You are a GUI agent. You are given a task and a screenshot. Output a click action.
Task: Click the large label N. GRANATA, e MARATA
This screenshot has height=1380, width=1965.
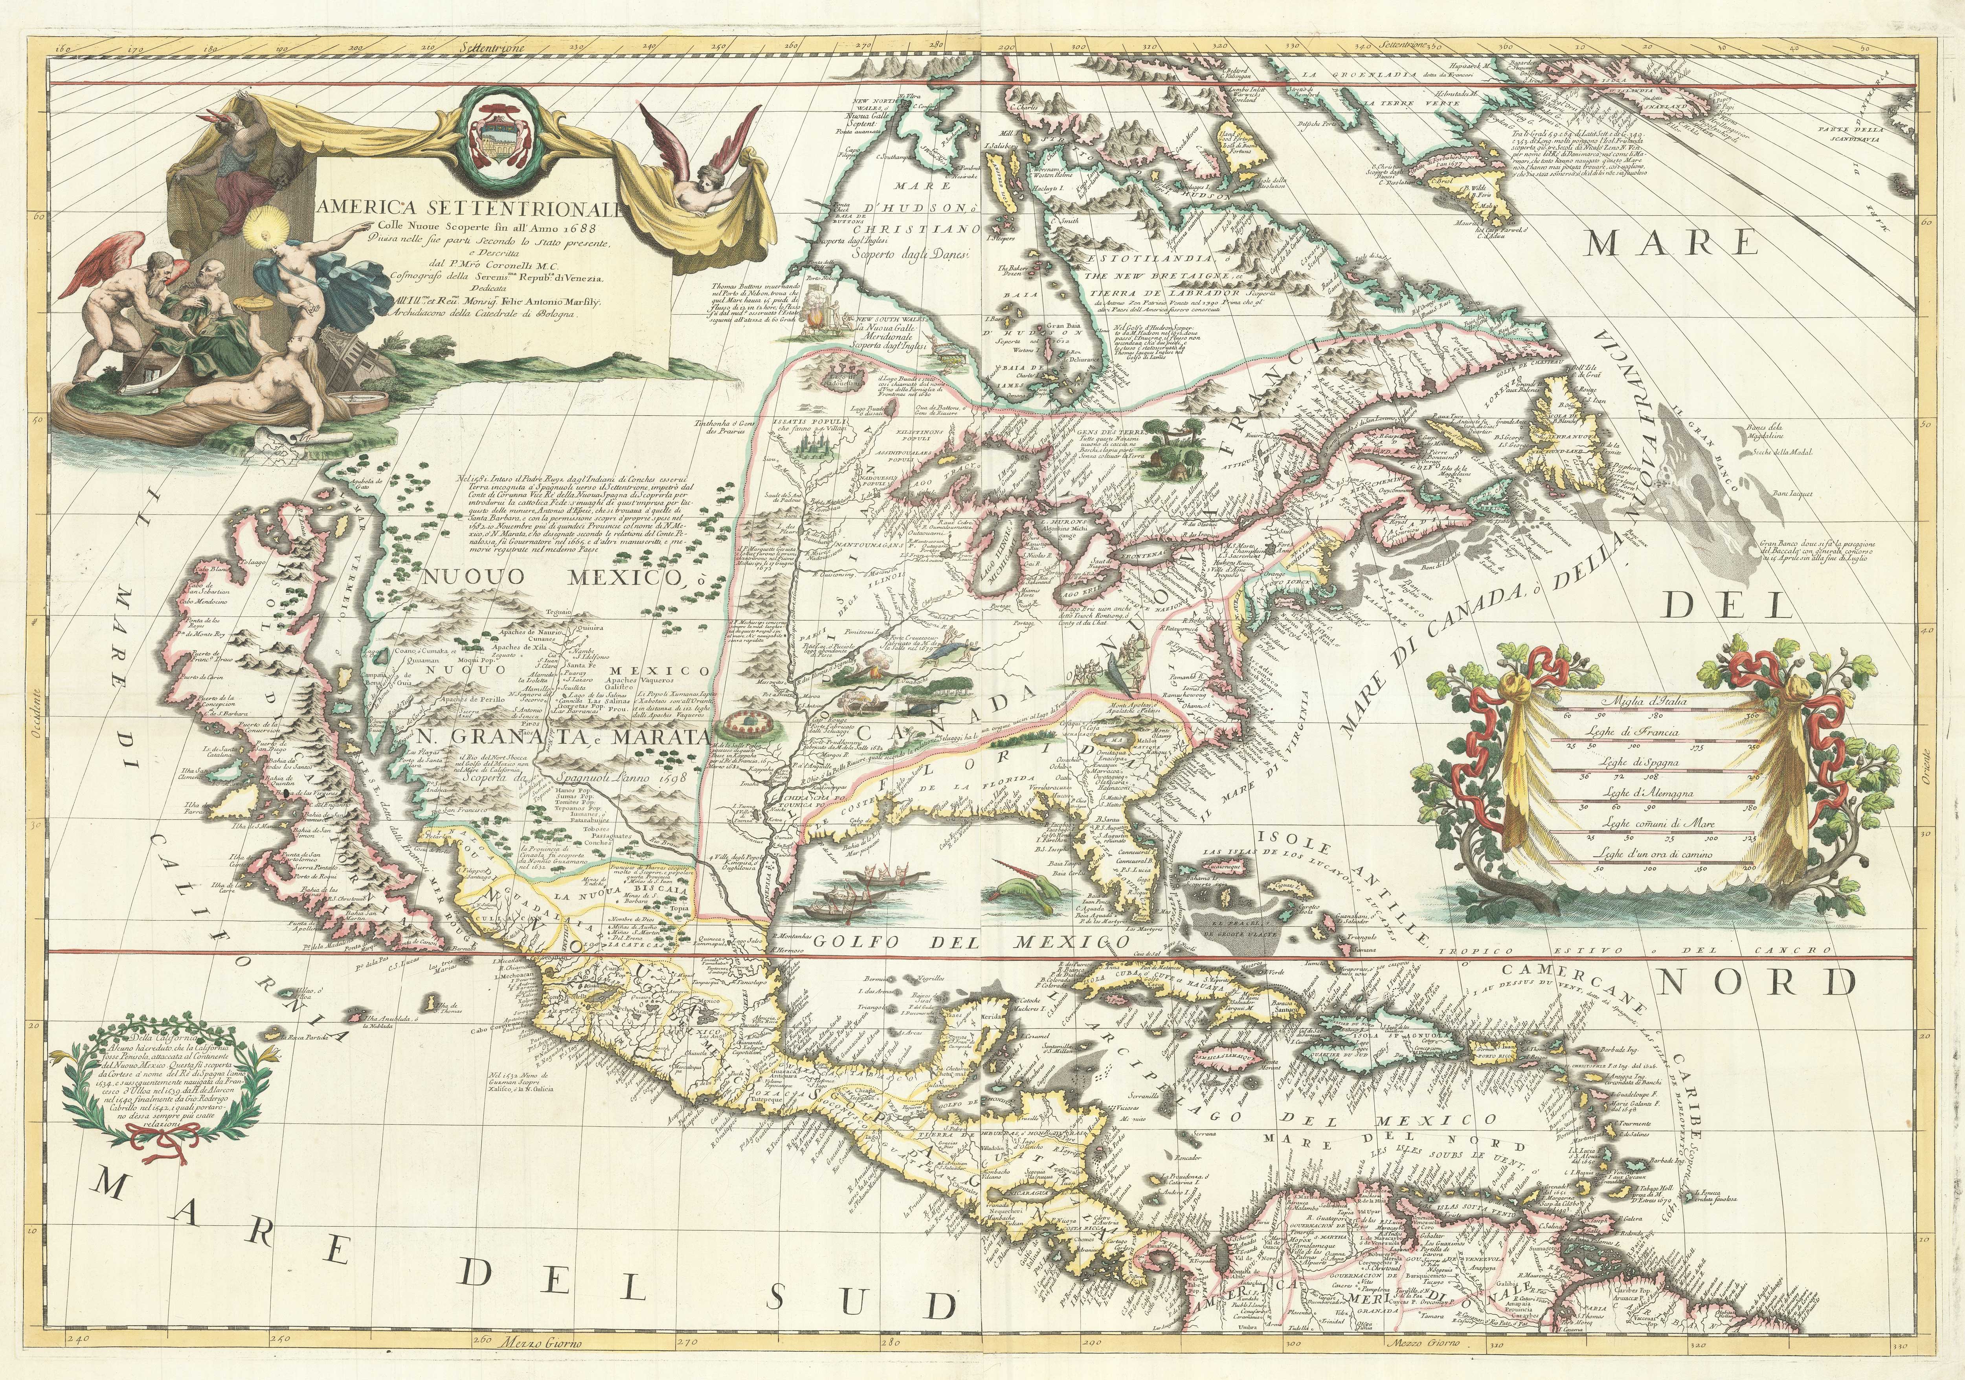(560, 738)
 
